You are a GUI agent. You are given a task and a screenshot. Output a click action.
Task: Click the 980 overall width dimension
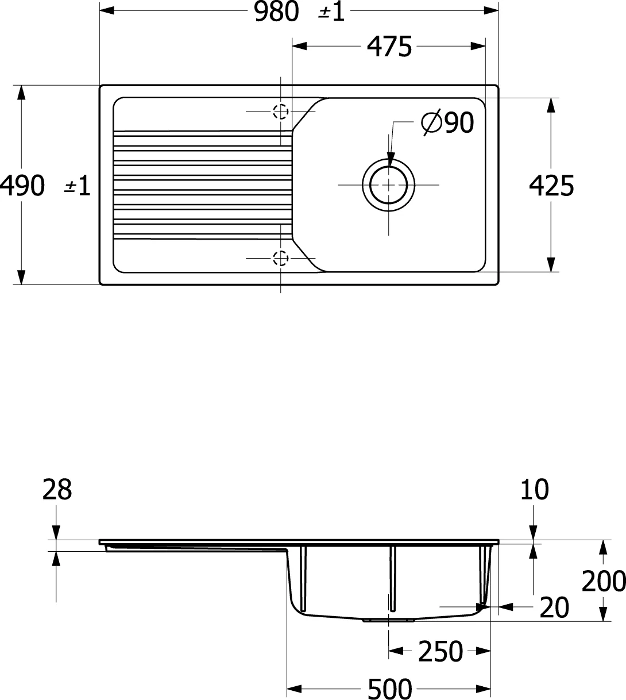pos(276,11)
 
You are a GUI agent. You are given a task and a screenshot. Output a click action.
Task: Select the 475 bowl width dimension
pos(389,47)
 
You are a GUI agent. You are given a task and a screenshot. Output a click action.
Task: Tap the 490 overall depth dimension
pos(22,186)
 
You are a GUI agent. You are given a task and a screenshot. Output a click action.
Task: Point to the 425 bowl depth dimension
pos(551,186)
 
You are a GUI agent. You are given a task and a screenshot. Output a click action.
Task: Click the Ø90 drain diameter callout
pos(447,122)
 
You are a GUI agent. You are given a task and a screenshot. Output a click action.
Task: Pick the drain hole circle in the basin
pos(388,185)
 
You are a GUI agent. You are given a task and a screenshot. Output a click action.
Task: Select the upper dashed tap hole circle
pos(280,111)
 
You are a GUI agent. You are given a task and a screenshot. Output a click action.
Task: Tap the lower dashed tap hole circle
pos(280,258)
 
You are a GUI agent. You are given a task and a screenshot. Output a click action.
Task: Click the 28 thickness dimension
pos(57,489)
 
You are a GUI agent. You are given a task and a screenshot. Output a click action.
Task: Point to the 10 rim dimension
pos(534,489)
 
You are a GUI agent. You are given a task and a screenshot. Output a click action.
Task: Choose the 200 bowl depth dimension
pos(604,581)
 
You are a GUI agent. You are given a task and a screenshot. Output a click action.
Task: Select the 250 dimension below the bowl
pos(440,651)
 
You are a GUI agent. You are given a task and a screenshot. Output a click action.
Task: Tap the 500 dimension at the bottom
pos(390,689)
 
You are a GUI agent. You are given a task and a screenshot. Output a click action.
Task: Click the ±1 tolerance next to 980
pos(331,11)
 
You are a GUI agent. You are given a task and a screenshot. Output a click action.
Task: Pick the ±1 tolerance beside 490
pos(78,186)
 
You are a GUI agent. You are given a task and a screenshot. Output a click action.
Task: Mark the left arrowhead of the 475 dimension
pos(299,46)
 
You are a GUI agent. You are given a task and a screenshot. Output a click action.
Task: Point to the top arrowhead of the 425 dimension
pos(551,105)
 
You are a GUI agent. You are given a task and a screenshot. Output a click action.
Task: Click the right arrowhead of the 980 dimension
pos(491,10)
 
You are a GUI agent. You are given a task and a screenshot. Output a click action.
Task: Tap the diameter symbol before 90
pos(432,122)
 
